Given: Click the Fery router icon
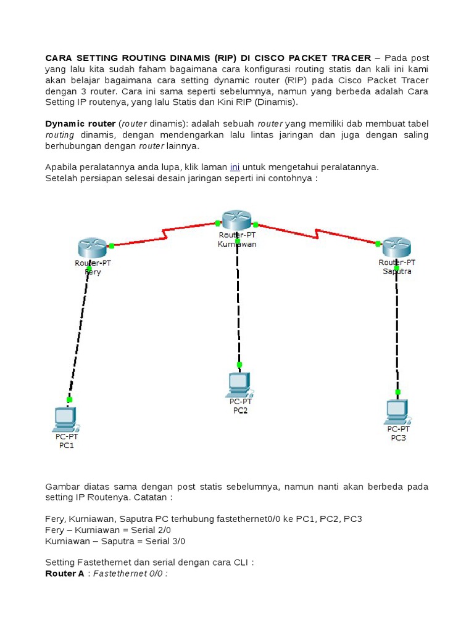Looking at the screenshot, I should [x=93, y=248].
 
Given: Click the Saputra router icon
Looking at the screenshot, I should [x=397, y=247].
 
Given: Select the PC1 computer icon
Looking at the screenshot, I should [x=65, y=419].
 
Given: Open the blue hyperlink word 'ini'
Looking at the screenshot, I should [x=235, y=167].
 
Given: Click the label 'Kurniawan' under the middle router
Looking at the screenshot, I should [x=237, y=244].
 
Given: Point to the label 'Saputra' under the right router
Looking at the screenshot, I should [x=397, y=271].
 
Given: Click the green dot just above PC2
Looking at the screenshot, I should [x=239, y=364].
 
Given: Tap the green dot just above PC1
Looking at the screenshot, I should [x=69, y=400].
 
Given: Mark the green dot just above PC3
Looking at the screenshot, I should [x=398, y=392].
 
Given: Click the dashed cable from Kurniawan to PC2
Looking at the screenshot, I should [x=238, y=302].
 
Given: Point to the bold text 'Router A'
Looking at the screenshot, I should [x=64, y=574].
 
